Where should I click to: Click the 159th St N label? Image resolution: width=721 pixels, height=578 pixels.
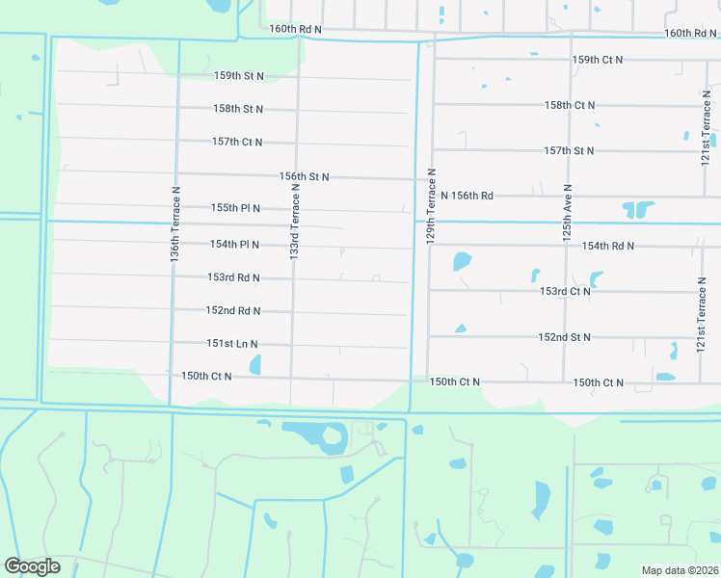(x=239, y=75)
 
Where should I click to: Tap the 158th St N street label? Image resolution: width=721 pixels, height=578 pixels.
(x=239, y=109)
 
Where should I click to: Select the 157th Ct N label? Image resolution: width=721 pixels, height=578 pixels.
(x=237, y=142)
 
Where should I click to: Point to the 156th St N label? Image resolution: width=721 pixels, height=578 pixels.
(x=305, y=177)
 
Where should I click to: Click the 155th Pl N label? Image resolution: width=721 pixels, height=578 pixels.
(x=235, y=208)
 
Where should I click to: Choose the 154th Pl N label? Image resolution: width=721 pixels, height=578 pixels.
(x=234, y=245)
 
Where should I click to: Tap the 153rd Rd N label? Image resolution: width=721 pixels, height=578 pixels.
(x=233, y=277)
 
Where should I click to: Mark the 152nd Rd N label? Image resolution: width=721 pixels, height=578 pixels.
(x=233, y=311)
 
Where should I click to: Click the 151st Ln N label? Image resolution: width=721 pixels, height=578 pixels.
(x=232, y=344)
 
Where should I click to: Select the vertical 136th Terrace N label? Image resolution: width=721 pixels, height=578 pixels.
(x=175, y=225)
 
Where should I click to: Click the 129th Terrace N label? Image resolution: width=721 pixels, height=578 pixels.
(x=432, y=206)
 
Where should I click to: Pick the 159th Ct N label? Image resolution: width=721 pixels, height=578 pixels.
(x=598, y=60)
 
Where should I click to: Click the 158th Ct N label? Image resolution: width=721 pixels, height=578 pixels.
(x=570, y=105)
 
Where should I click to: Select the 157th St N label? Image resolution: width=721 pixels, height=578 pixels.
(x=569, y=151)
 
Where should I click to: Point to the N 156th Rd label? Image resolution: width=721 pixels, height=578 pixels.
(x=467, y=196)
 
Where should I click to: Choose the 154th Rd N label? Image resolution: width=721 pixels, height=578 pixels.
(x=607, y=246)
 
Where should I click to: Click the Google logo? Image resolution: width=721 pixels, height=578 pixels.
(x=32, y=566)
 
